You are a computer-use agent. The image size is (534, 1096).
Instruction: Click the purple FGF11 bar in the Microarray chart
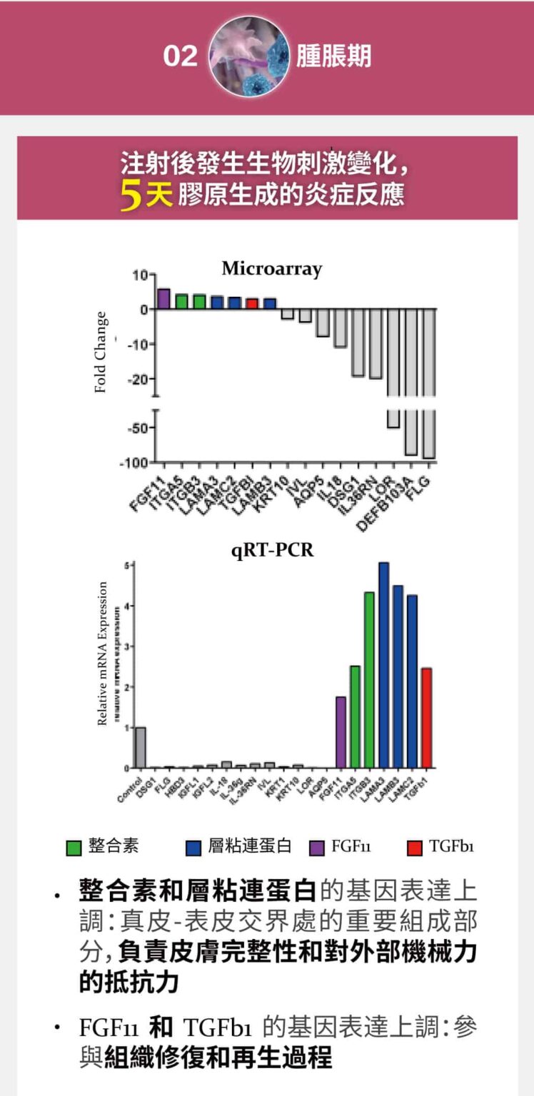point(163,299)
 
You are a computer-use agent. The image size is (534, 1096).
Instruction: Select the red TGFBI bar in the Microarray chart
point(251,303)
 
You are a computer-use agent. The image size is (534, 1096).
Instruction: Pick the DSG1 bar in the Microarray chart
point(358,342)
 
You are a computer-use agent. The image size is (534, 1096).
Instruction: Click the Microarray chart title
point(271,269)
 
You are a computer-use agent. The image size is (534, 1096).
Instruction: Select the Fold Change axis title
point(101,352)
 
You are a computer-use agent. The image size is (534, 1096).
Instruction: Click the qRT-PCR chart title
point(272,550)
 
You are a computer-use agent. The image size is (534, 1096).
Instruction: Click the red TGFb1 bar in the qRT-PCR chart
point(427,718)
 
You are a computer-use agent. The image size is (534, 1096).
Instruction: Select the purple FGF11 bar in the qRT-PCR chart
point(341,732)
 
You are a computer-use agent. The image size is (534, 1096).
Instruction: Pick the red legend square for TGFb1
point(415,848)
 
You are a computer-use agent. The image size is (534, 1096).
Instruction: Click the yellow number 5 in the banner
point(131,196)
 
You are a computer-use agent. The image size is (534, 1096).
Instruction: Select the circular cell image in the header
point(250,56)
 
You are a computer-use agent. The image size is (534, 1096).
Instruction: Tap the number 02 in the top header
point(180,56)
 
